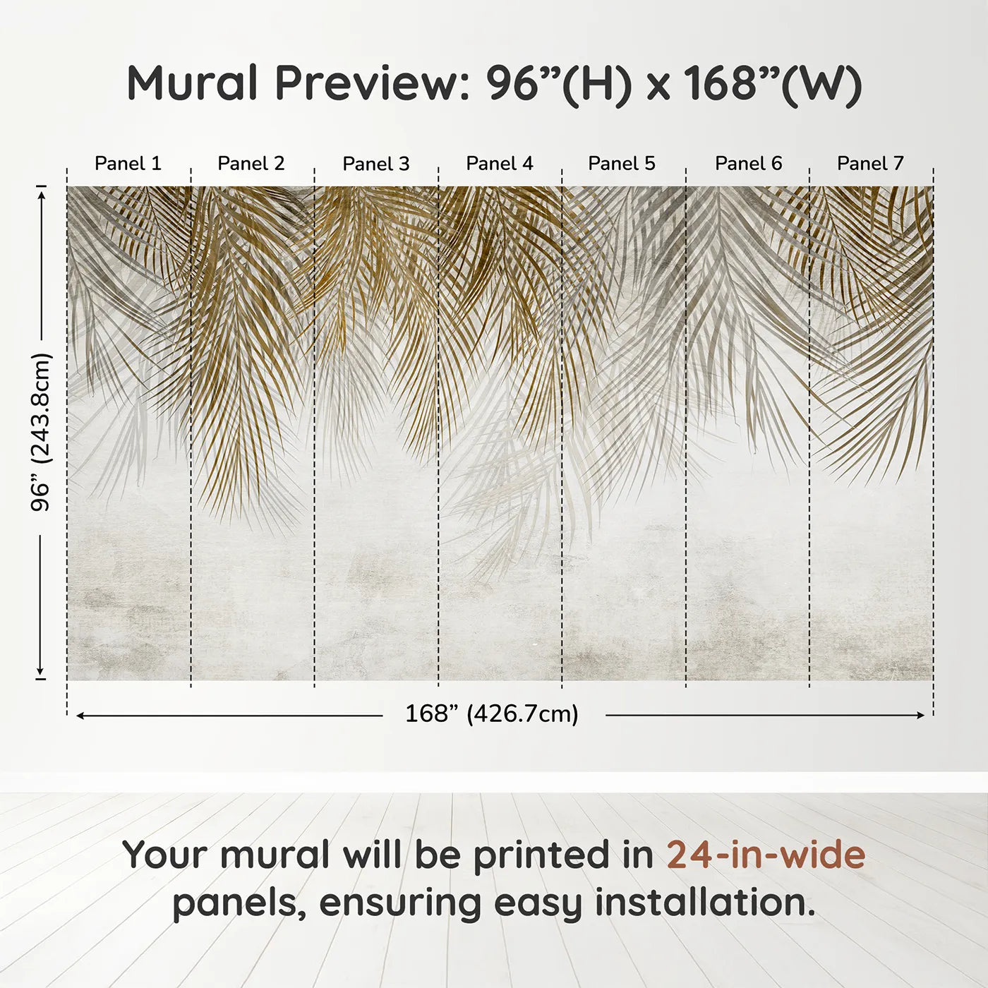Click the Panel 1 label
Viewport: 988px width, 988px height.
128,164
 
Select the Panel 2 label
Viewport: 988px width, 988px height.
251,164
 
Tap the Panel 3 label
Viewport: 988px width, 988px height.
375,164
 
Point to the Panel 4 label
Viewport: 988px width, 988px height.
500,164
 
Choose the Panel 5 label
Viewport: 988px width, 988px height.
622,164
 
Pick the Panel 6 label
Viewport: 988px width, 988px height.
748,164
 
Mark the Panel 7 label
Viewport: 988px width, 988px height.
870,164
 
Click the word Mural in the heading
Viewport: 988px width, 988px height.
192,83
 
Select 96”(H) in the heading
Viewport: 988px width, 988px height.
558,83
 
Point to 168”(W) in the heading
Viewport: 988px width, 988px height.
773,83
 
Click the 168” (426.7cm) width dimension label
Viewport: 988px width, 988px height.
492,714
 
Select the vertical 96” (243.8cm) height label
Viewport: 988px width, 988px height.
41,432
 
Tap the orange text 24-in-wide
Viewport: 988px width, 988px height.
766,855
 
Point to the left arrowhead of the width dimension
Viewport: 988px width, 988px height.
80,716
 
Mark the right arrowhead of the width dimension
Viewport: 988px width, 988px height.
921,716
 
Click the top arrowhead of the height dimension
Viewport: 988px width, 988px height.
41,191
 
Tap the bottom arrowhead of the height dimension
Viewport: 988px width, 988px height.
41,673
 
